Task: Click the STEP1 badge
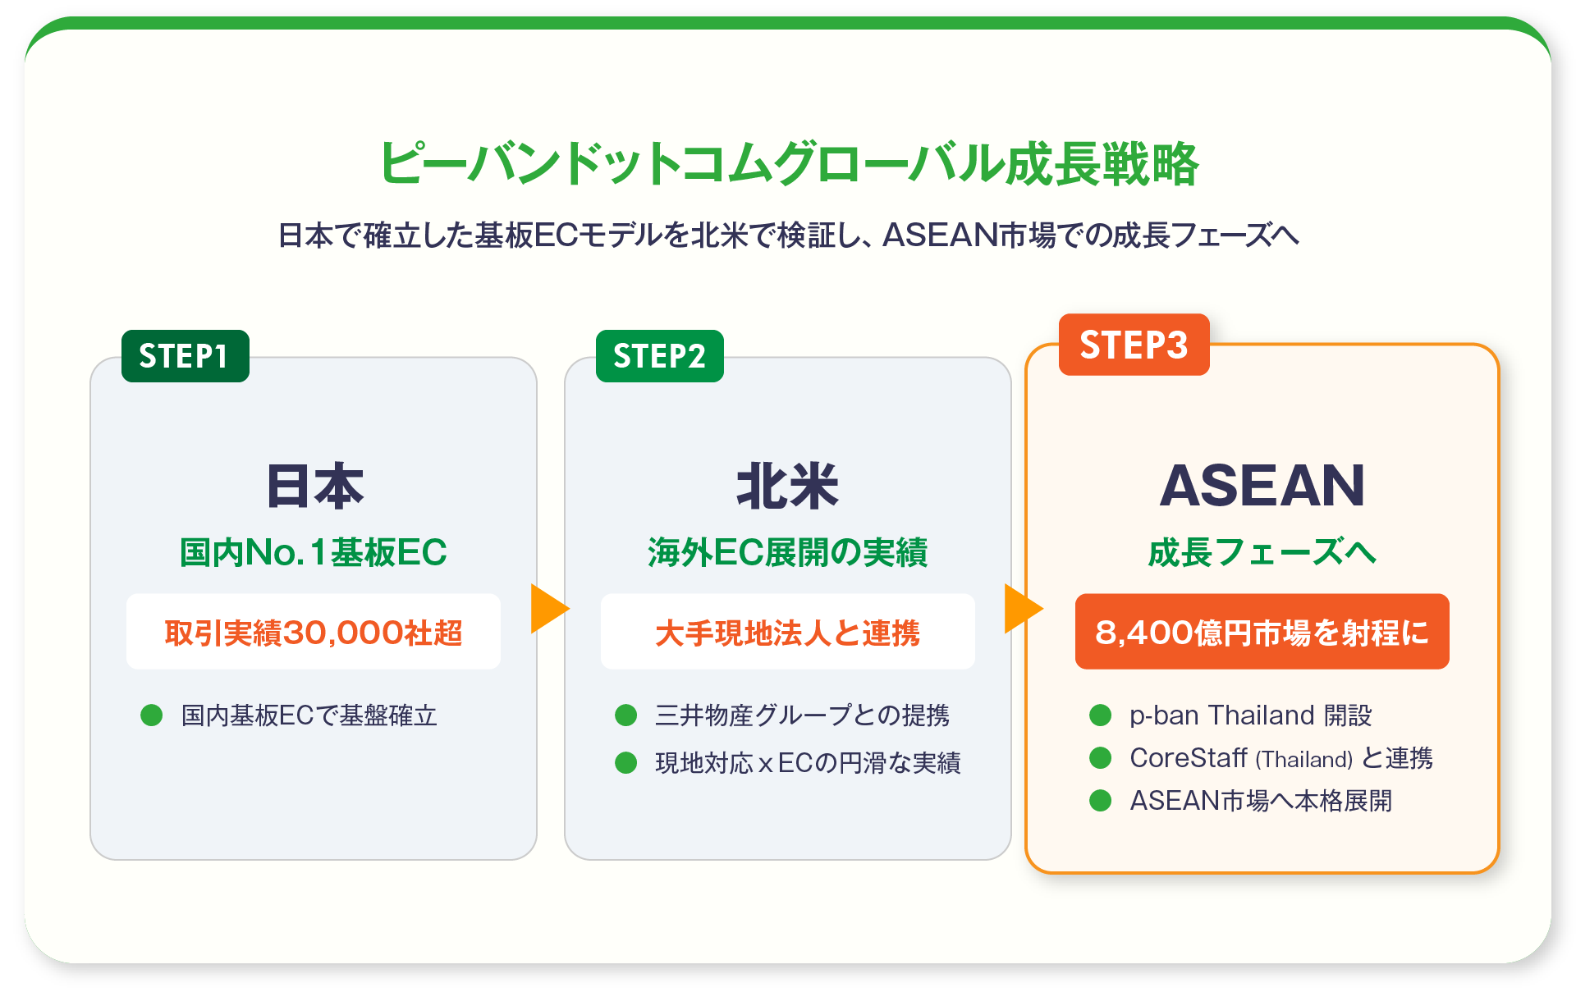click(x=185, y=356)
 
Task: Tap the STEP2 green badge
click(x=659, y=356)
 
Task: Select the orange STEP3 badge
click(x=1134, y=345)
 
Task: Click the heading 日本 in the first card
click(x=314, y=486)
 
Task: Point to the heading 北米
click(x=787, y=486)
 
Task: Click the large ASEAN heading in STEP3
click(x=1262, y=486)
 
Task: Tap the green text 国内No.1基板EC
click(x=313, y=552)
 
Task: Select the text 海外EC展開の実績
click(x=787, y=552)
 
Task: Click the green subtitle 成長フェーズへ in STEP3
click(x=1262, y=552)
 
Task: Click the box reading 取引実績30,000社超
click(x=313, y=632)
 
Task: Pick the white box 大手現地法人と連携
click(x=787, y=632)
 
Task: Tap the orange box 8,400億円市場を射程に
click(x=1262, y=632)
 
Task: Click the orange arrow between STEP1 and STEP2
click(x=548, y=609)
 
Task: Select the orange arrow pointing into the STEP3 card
click(x=1022, y=609)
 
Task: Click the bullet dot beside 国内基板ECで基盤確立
click(x=152, y=715)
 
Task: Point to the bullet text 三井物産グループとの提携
click(x=802, y=715)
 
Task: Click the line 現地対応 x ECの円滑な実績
click(x=808, y=763)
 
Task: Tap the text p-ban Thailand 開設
click(x=1250, y=715)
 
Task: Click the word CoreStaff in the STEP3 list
click(x=1189, y=758)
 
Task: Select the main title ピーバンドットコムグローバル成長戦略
click(x=788, y=163)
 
